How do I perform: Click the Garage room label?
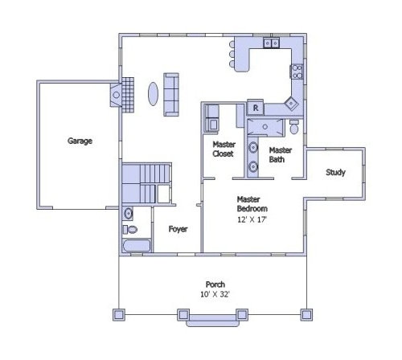click(80, 141)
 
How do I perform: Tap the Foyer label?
click(178, 229)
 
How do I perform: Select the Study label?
click(335, 172)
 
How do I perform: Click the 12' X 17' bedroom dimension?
click(252, 219)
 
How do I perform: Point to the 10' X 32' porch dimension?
click(215, 294)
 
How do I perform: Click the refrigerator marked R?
click(256, 108)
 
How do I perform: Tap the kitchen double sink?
click(271, 43)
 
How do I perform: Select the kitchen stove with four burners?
click(297, 72)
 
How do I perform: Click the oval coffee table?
click(153, 94)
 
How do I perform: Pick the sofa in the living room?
click(171, 95)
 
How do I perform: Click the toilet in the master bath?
click(294, 127)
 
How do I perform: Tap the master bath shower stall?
click(265, 127)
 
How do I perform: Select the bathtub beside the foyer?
click(137, 246)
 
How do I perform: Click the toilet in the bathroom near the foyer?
click(130, 230)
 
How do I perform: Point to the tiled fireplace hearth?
click(128, 95)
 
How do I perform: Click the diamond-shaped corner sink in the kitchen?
click(291, 104)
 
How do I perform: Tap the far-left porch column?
click(119, 315)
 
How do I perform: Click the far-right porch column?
click(306, 315)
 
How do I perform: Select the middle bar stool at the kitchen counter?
click(232, 54)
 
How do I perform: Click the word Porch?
click(215, 284)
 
